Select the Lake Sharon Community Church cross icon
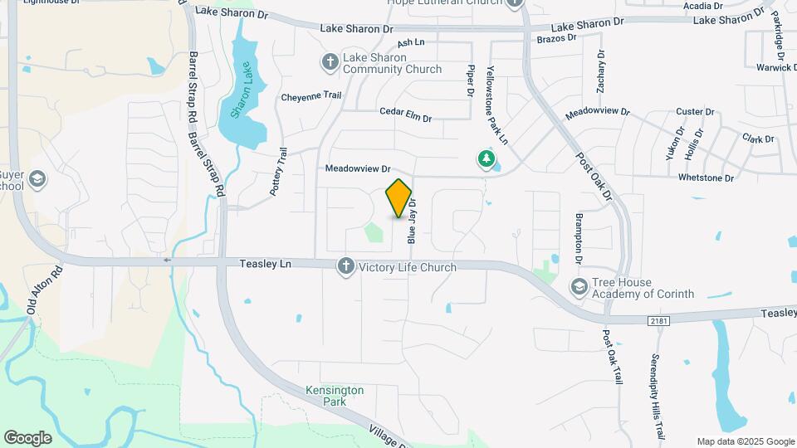click(x=329, y=62)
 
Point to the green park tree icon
click(x=485, y=158)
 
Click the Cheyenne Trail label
click(x=311, y=96)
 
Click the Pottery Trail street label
click(x=278, y=172)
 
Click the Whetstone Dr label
click(x=706, y=178)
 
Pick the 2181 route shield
click(x=658, y=319)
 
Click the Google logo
click(x=27, y=438)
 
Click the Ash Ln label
click(x=411, y=42)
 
